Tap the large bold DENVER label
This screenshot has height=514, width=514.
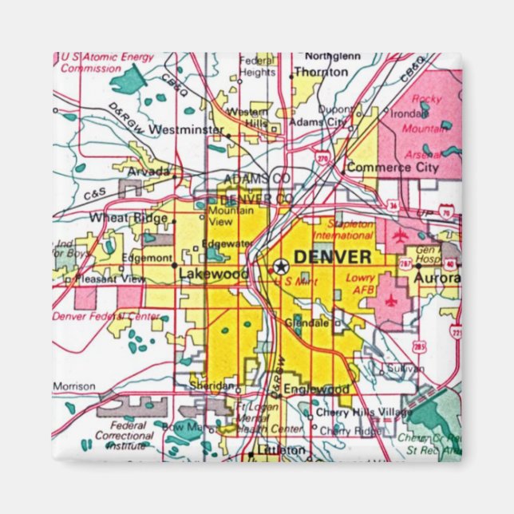click(332, 257)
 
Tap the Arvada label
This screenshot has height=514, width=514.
click(148, 172)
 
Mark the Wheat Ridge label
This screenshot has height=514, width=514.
click(129, 217)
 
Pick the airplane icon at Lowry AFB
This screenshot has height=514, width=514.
click(390, 301)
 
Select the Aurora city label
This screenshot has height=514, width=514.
click(437, 277)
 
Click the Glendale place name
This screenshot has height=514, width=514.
click(312, 323)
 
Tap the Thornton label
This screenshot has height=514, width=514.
click(320, 72)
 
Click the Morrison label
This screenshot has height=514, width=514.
click(74, 386)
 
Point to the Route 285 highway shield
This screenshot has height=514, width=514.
click(418, 345)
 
